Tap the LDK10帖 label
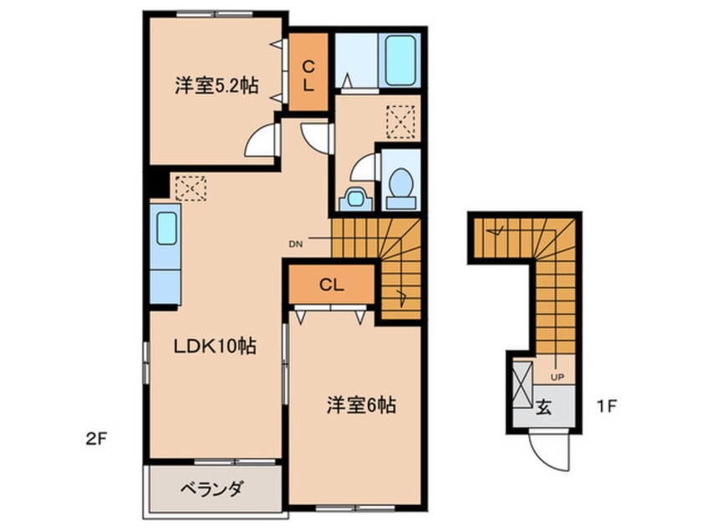(x=216, y=346)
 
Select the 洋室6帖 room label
(x=361, y=405)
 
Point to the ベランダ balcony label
(x=212, y=488)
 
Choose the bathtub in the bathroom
(x=400, y=60)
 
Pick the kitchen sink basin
(x=166, y=228)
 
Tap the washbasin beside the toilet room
(x=356, y=198)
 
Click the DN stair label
(x=296, y=244)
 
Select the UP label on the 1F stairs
(x=557, y=377)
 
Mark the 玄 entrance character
(x=544, y=407)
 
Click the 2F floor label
(x=95, y=439)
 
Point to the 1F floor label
(x=606, y=406)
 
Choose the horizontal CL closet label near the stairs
(x=332, y=284)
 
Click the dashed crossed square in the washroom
(x=400, y=122)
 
